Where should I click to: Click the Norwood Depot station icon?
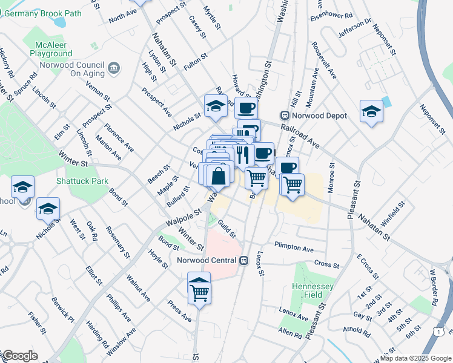(x=283, y=116)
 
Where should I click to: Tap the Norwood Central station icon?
(x=243, y=261)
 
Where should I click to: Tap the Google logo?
(x=19, y=356)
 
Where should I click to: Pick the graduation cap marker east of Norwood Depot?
(x=371, y=111)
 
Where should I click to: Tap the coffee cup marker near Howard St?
(x=245, y=108)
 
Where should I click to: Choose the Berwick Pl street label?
(x=62, y=310)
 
